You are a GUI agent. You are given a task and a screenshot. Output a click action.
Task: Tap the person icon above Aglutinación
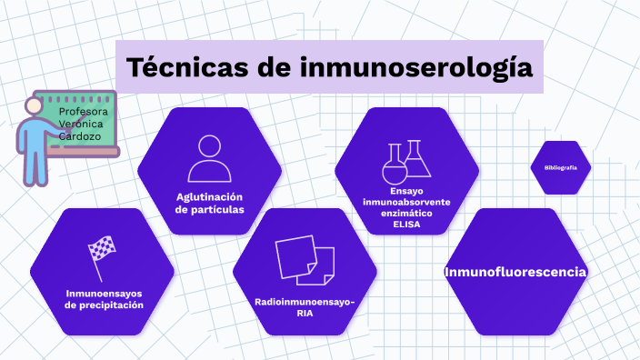click(209, 159)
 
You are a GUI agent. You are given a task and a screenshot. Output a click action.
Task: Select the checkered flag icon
click(102, 253)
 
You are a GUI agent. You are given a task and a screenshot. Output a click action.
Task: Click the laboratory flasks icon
click(406, 160)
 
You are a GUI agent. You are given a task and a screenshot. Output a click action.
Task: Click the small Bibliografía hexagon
click(561, 168)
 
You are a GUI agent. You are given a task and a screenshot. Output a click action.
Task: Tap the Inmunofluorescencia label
click(515, 273)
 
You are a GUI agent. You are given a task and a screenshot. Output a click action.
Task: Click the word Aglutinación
click(210, 197)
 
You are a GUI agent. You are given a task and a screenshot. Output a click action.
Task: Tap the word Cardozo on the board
click(80, 136)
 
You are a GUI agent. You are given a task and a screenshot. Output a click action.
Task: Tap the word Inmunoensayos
click(105, 294)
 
